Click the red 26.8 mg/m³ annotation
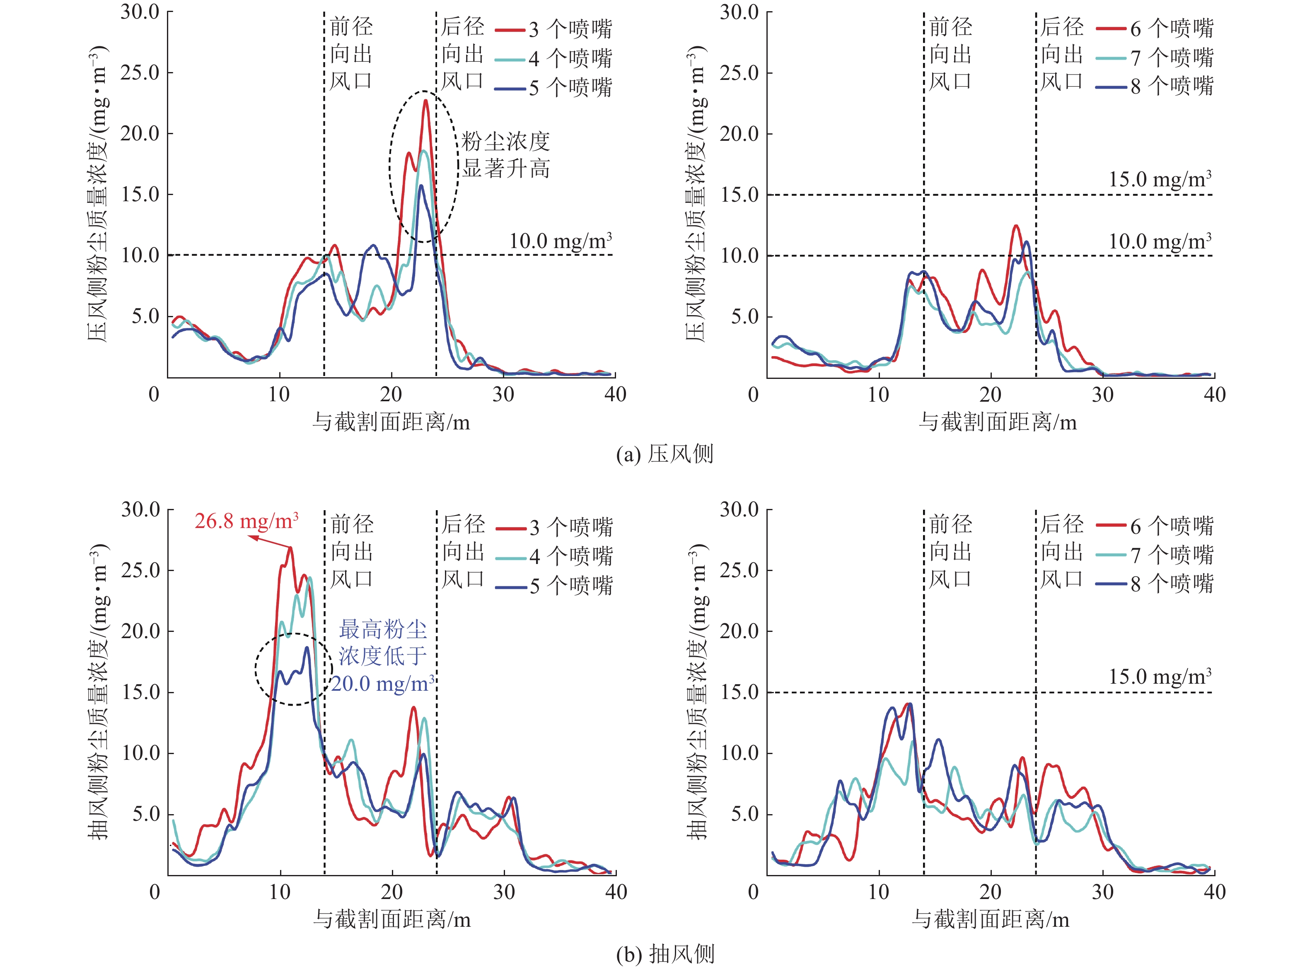(247, 521)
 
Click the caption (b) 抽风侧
(665, 955)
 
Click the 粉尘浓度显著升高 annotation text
(505, 155)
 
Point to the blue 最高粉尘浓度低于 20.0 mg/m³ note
(382, 656)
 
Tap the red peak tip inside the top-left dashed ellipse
(425, 101)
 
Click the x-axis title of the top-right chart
(998, 422)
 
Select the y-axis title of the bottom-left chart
(99, 692)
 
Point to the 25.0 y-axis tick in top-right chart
(739, 73)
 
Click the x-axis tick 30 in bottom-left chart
(503, 892)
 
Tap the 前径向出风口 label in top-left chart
(351, 54)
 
